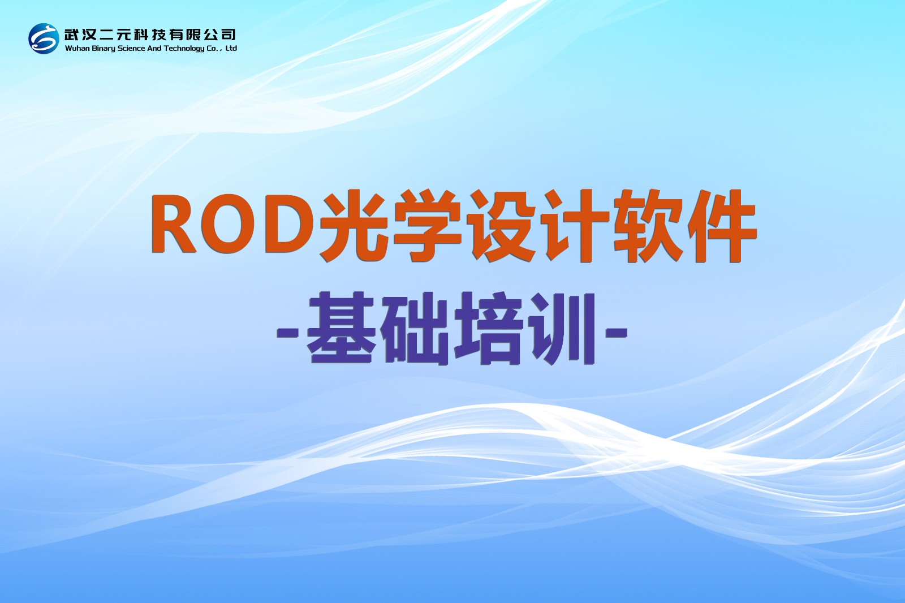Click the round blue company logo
(x=44, y=38)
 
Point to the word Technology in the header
(x=184, y=49)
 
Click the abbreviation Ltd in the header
(x=231, y=49)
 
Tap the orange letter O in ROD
(x=231, y=224)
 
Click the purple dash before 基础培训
(x=288, y=333)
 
